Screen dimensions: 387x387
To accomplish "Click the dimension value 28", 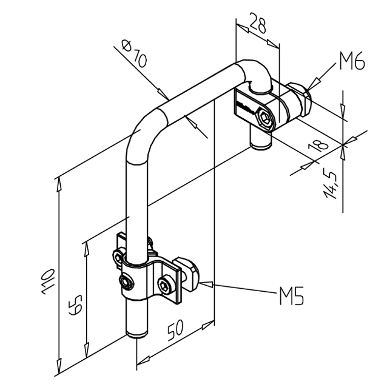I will (259, 27).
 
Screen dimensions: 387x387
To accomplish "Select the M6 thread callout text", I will (351, 62).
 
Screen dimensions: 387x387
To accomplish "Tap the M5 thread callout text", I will (291, 297).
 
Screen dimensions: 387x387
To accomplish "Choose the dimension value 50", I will (176, 330).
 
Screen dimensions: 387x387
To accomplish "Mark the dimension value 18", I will (319, 144).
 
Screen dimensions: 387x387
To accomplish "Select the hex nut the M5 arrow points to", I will (189, 276).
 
